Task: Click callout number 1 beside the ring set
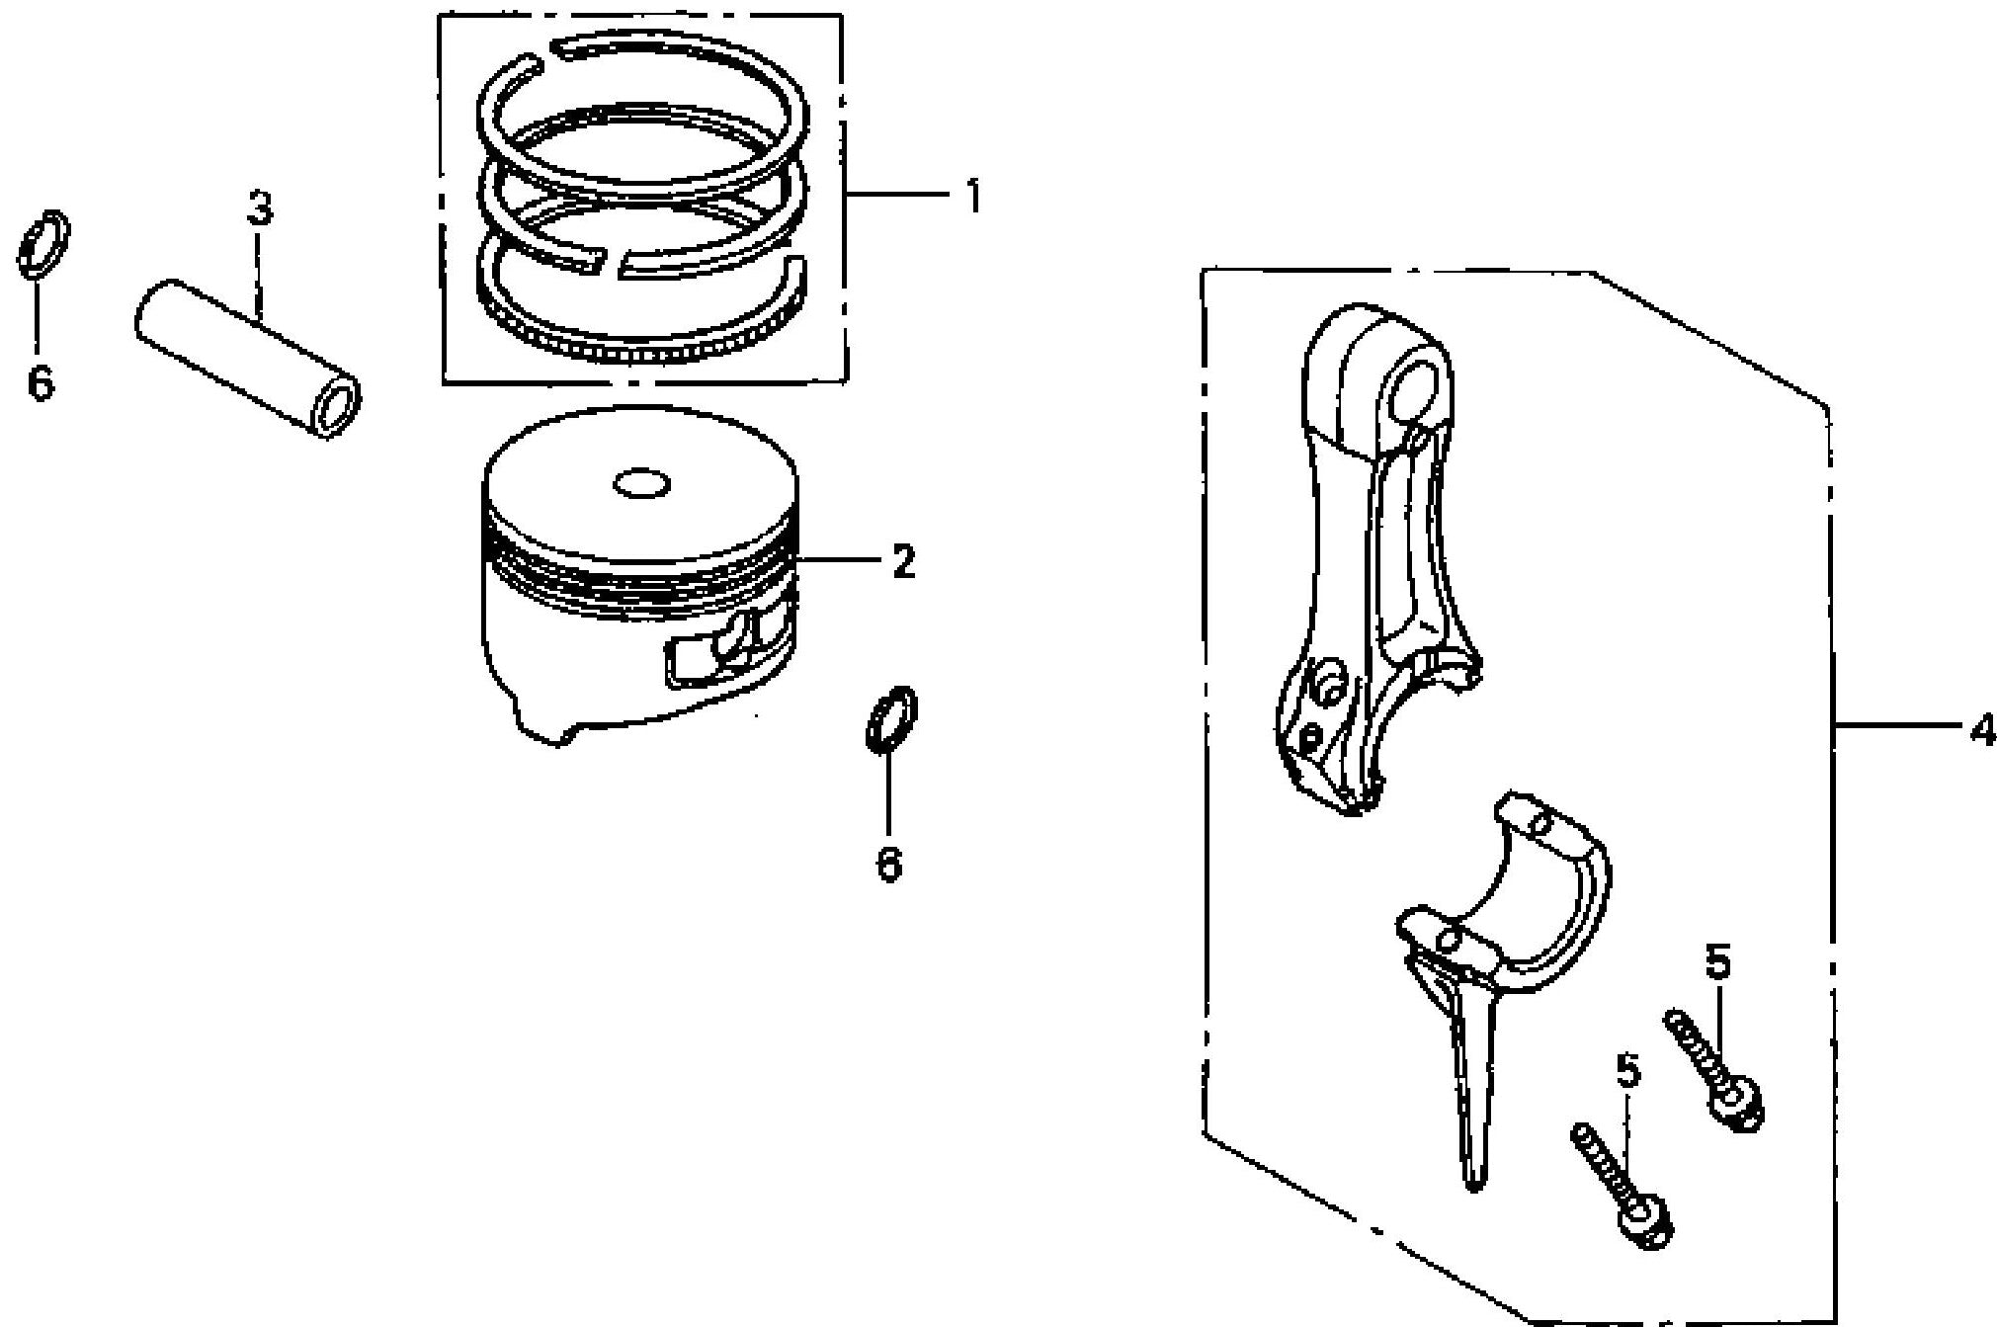tap(973, 197)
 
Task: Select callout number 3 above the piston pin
tap(259, 209)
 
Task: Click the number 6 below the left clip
tap(41, 382)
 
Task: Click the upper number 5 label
tap(1718, 963)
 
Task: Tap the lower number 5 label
tap(1627, 1070)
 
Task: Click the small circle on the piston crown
tap(641, 484)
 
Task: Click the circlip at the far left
tap(43, 243)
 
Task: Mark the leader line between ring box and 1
tap(897, 197)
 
